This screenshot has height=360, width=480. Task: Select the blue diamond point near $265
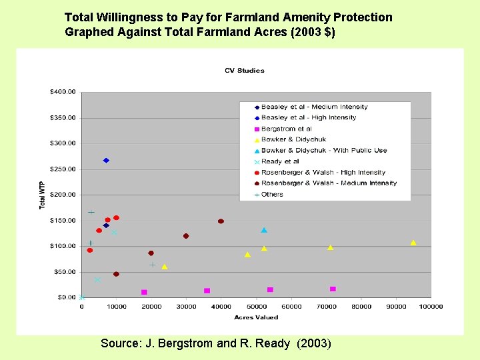click(x=106, y=161)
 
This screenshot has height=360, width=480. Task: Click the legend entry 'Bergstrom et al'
click(x=287, y=129)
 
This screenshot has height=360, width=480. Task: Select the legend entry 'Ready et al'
click(x=280, y=161)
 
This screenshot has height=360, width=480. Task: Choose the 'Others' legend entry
click(x=272, y=195)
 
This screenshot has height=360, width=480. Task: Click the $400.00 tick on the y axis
click(x=63, y=92)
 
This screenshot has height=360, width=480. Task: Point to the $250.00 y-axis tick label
click(x=63, y=169)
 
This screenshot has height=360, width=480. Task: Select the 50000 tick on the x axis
click(x=256, y=307)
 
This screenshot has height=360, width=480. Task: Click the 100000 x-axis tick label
click(x=431, y=307)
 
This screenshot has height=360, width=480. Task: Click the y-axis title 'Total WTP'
click(x=42, y=195)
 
